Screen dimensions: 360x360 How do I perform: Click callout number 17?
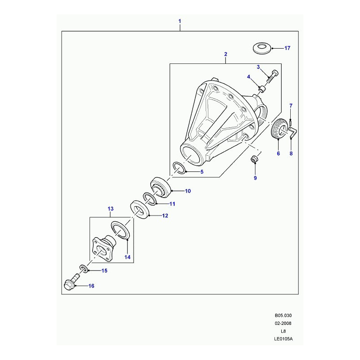tap(288, 48)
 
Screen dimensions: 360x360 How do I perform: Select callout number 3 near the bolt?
tap(258, 67)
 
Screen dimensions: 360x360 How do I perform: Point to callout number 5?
tap(202, 171)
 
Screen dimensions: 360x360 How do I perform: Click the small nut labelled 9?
tap(255, 159)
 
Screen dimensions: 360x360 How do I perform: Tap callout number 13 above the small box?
tap(111, 209)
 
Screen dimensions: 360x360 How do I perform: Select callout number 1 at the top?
tap(180, 21)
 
